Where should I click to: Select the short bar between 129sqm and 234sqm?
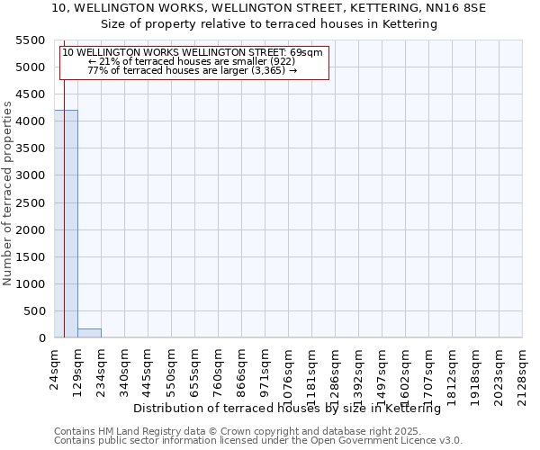click(x=89, y=333)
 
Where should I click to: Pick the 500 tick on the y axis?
click(x=37, y=311)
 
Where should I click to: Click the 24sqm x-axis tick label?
click(x=55, y=365)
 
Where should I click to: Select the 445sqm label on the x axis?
click(x=148, y=368)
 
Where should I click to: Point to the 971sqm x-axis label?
click(x=265, y=368)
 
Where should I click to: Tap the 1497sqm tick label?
click(x=382, y=371)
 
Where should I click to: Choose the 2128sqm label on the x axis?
click(x=523, y=371)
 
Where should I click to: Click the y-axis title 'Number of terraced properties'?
click(x=8, y=193)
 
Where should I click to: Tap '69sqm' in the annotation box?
click(x=305, y=52)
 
